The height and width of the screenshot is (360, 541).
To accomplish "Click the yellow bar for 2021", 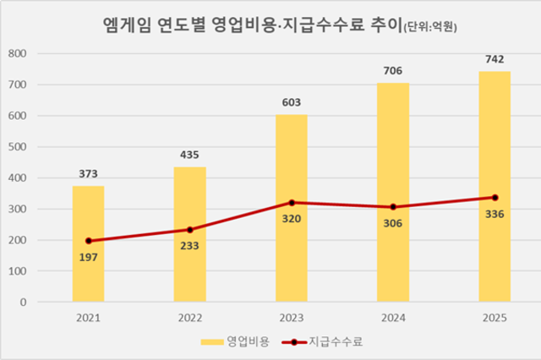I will [x=88, y=244].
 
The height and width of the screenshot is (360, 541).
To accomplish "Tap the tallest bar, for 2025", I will [x=495, y=187].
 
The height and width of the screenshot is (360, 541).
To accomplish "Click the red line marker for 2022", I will [x=190, y=230].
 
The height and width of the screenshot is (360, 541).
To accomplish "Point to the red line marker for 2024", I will [x=393, y=207].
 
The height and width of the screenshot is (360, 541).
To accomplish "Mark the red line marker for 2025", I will [x=495, y=198].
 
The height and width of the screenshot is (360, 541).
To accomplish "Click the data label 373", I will [x=88, y=173].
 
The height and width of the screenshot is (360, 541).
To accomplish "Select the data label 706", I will [x=393, y=70].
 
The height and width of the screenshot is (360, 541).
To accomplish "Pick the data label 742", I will [x=495, y=59].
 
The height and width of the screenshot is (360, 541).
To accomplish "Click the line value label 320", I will [x=292, y=218].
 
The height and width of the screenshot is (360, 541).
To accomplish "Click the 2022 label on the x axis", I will [x=190, y=318].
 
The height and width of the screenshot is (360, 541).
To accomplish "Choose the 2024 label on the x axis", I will [x=393, y=318].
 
